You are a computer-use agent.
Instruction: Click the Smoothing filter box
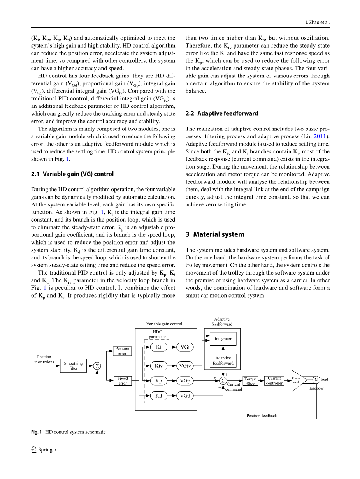pyautogui.click(x=73, y=366)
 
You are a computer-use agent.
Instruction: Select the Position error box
pyautogui.click(x=122, y=351)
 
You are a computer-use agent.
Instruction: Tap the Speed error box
pyautogui.click(x=122, y=380)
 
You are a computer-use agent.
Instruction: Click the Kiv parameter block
pyautogui.click(x=159, y=366)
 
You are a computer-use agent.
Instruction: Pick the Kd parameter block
pyautogui.click(x=159, y=396)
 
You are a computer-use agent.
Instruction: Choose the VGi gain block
pyautogui.click(x=185, y=347)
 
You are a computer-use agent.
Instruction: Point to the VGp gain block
pyautogui.click(x=185, y=380)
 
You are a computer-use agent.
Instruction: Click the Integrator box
pyautogui.click(x=223, y=339)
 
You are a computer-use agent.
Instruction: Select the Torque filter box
pyautogui.click(x=251, y=381)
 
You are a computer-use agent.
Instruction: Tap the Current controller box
pyautogui.click(x=274, y=380)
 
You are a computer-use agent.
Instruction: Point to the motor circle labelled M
pyautogui.click(x=316, y=380)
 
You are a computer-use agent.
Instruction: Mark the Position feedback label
pyautogui.click(x=262, y=416)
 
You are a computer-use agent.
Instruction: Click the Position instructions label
pyautogui.click(x=44, y=359)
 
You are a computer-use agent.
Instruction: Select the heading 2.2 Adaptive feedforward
pyautogui.click(x=222, y=113)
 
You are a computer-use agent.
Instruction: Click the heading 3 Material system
pyautogui.click(x=215, y=234)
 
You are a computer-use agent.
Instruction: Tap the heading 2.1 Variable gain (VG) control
pyautogui.click(x=72, y=174)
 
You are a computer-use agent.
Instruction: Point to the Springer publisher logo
pyautogui.click(x=44, y=449)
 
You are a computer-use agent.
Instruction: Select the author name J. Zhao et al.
pyautogui.click(x=317, y=22)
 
